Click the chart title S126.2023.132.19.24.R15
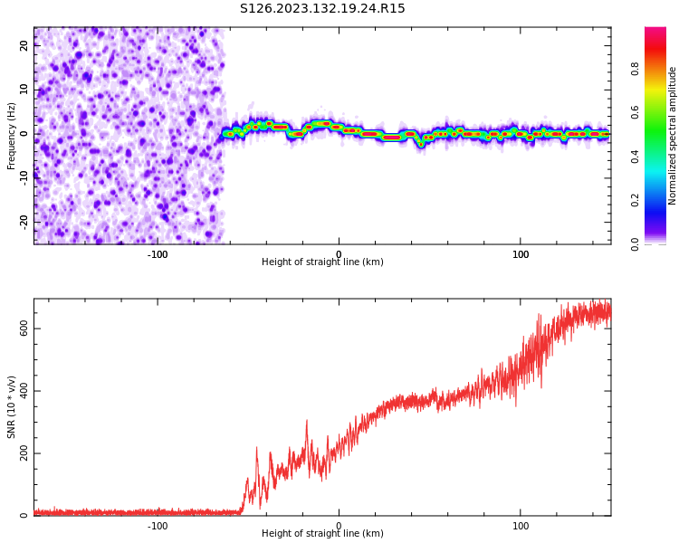tap(322, 9)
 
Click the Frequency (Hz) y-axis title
tap(12, 135)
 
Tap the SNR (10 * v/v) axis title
tap(12, 407)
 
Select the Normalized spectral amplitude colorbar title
tap(673, 135)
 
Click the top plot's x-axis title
tap(322, 262)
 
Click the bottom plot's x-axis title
tap(322, 533)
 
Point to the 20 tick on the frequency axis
tap(25, 46)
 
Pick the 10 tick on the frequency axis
tap(25, 90)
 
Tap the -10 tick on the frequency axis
tap(25, 177)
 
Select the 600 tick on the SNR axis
tap(25, 329)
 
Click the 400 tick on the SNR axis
tap(25, 391)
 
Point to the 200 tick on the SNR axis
tap(25, 453)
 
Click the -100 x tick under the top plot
tap(158, 254)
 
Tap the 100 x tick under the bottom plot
tap(521, 526)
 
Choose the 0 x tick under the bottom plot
tap(339, 526)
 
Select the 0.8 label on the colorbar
tap(661, 68)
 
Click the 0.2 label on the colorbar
tap(661, 200)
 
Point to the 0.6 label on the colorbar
tap(661, 112)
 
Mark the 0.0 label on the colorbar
tap(661, 243)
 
